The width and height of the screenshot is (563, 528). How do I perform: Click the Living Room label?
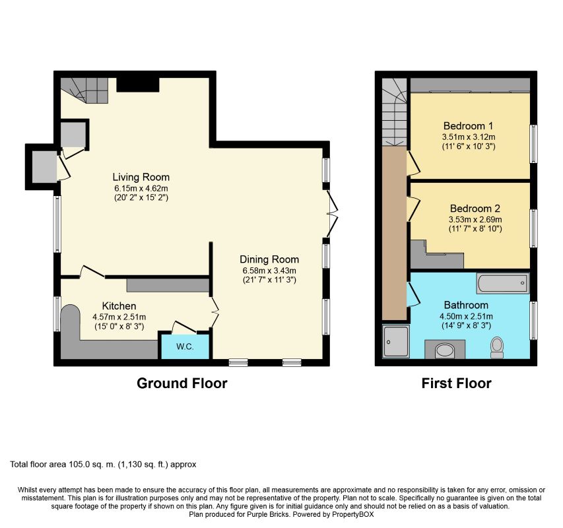click(141, 177)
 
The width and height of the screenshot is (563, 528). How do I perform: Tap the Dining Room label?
click(269, 259)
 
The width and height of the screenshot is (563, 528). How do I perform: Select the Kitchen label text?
click(119, 306)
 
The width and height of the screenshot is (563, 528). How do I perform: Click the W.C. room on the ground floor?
click(185, 346)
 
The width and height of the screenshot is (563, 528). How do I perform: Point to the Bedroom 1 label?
click(468, 126)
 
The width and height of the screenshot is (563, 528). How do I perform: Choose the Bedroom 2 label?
click(475, 209)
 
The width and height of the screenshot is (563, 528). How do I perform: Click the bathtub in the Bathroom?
click(503, 283)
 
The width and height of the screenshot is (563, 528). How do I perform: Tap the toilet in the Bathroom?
click(497, 347)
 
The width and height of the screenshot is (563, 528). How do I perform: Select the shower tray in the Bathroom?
click(395, 341)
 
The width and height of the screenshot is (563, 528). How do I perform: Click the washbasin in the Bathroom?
click(445, 350)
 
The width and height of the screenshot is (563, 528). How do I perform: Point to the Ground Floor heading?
click(182, 383)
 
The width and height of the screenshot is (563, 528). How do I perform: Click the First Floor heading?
click(456, 383)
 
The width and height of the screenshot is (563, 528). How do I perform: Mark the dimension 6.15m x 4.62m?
click(141, 188)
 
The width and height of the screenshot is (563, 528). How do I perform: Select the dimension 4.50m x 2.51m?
click(466, 316)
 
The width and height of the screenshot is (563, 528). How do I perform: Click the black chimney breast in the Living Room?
click(138, 84)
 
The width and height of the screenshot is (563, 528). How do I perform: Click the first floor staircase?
click(394, 112)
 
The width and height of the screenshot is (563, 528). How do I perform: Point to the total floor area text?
click(103, 465)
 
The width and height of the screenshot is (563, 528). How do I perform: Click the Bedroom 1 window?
click(534, 144)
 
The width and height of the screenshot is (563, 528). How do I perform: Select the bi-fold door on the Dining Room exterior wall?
click(332, 213)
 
